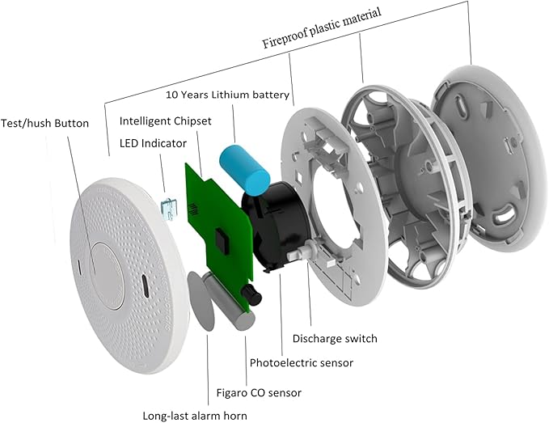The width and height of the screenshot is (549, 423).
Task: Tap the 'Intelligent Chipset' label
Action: pos(166,121)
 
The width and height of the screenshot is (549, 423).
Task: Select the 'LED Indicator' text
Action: pos(148,143)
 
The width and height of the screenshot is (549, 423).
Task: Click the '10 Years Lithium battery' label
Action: pos(227,95)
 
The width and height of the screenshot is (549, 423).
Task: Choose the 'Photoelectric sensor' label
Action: pos(301,363)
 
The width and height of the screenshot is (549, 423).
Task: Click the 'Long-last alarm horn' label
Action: pos(195,416)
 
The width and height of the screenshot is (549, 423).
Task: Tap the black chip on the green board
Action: pos(221,239)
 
